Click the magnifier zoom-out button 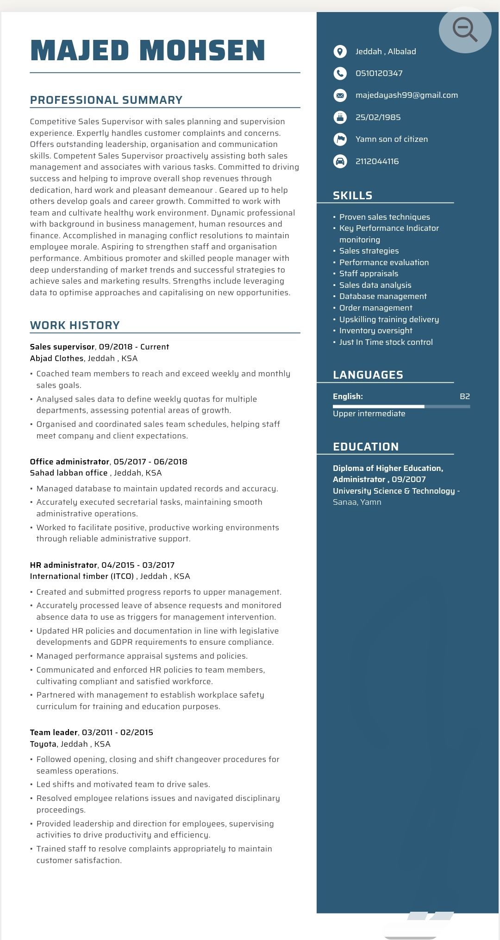pos(465,30)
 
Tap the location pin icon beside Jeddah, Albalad pos(340,51)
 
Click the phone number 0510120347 pos(379,73)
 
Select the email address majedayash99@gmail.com pos(406,95)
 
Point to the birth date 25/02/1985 pos(378,117)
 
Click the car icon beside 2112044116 pos(340,161)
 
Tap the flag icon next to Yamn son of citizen pos(340,139)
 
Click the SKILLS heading pos(352,196)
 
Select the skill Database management pos(383,296)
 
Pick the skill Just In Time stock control pos(386,342)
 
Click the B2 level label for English pos(464,396)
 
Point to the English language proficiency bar pos(401,406)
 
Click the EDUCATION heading pos(365,447)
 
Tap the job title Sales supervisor pos(62,347)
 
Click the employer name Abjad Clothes pos(56,358)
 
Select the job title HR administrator pos(63,565)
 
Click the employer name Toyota pos(43,744)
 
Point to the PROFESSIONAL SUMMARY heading pos(106,100)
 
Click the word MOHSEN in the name pos(202,51)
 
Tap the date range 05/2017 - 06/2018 pos(150,462)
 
